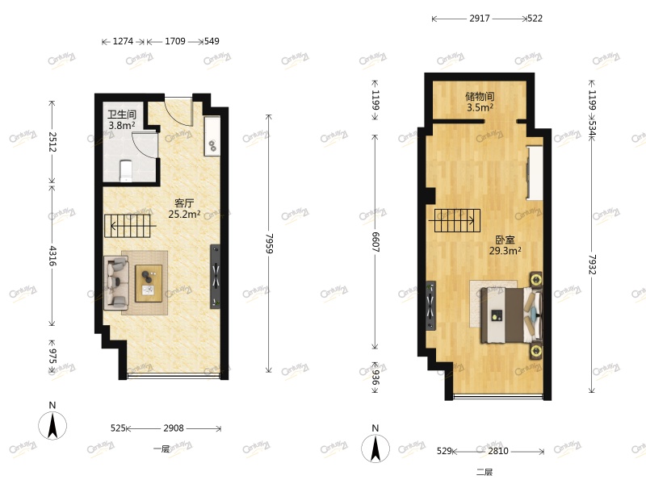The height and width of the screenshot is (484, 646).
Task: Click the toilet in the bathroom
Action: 125,170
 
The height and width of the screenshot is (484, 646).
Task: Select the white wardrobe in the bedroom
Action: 534,172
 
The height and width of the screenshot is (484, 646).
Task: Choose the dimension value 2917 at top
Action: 479,18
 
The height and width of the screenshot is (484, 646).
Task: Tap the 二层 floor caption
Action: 484,473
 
